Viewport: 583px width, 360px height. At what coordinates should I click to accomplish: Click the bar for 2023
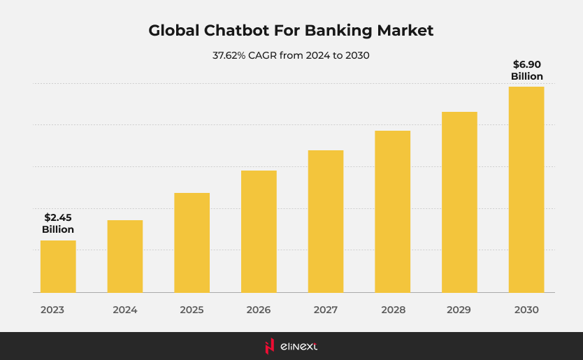(58, 266)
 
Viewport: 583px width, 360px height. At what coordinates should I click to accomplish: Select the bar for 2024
(125, 256)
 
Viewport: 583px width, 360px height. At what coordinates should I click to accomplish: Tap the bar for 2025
(192, 243)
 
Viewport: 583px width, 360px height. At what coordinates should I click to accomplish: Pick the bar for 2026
(259, 231)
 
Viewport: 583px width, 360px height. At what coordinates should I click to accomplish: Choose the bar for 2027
(326, 221)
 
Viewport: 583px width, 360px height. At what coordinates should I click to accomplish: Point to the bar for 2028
(392, 211)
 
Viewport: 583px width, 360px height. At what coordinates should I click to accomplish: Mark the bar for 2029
(459, 202)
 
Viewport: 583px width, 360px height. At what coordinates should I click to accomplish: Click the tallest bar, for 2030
(526, 189)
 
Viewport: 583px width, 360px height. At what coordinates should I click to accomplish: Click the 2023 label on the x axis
(52, 310)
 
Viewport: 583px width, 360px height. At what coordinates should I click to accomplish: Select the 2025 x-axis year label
(192, 310)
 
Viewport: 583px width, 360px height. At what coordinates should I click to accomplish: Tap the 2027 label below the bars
(326, 310)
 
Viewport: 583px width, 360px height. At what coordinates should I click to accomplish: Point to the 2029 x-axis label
(459, 310)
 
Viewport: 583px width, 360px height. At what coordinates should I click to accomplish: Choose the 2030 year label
(526, 310)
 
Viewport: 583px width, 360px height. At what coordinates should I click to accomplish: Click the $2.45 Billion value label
(58, 224)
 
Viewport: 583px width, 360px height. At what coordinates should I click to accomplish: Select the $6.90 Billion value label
(526, 71)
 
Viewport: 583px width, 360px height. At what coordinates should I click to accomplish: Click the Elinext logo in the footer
(291, 346)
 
